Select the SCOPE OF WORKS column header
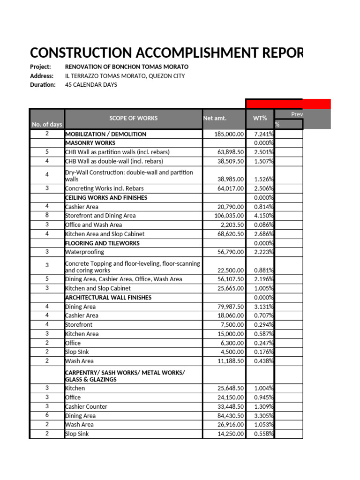pyautogui.click(x=134, y=118)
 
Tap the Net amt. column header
pyautogui.click(x=215, y=118)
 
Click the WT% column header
pyautogui.click(x=260, y=118)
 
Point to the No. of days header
pyautogui.click(x=47, y=124)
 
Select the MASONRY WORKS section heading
pyautogui.click(x=90, y=143)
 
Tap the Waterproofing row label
pyautogui.click(x=84, y=252)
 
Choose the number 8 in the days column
pyautogui.click(x=47, y=216)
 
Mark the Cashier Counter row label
pyautogui.click(x=86, y=406)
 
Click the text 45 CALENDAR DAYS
pyautogui.click(x=91, y=85)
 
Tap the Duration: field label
pyautogui.click(x=43, y=85)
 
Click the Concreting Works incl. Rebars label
pyautogui.click(x=104, y=188)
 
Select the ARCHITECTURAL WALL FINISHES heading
pyautogui.click(x=108, y=298)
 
